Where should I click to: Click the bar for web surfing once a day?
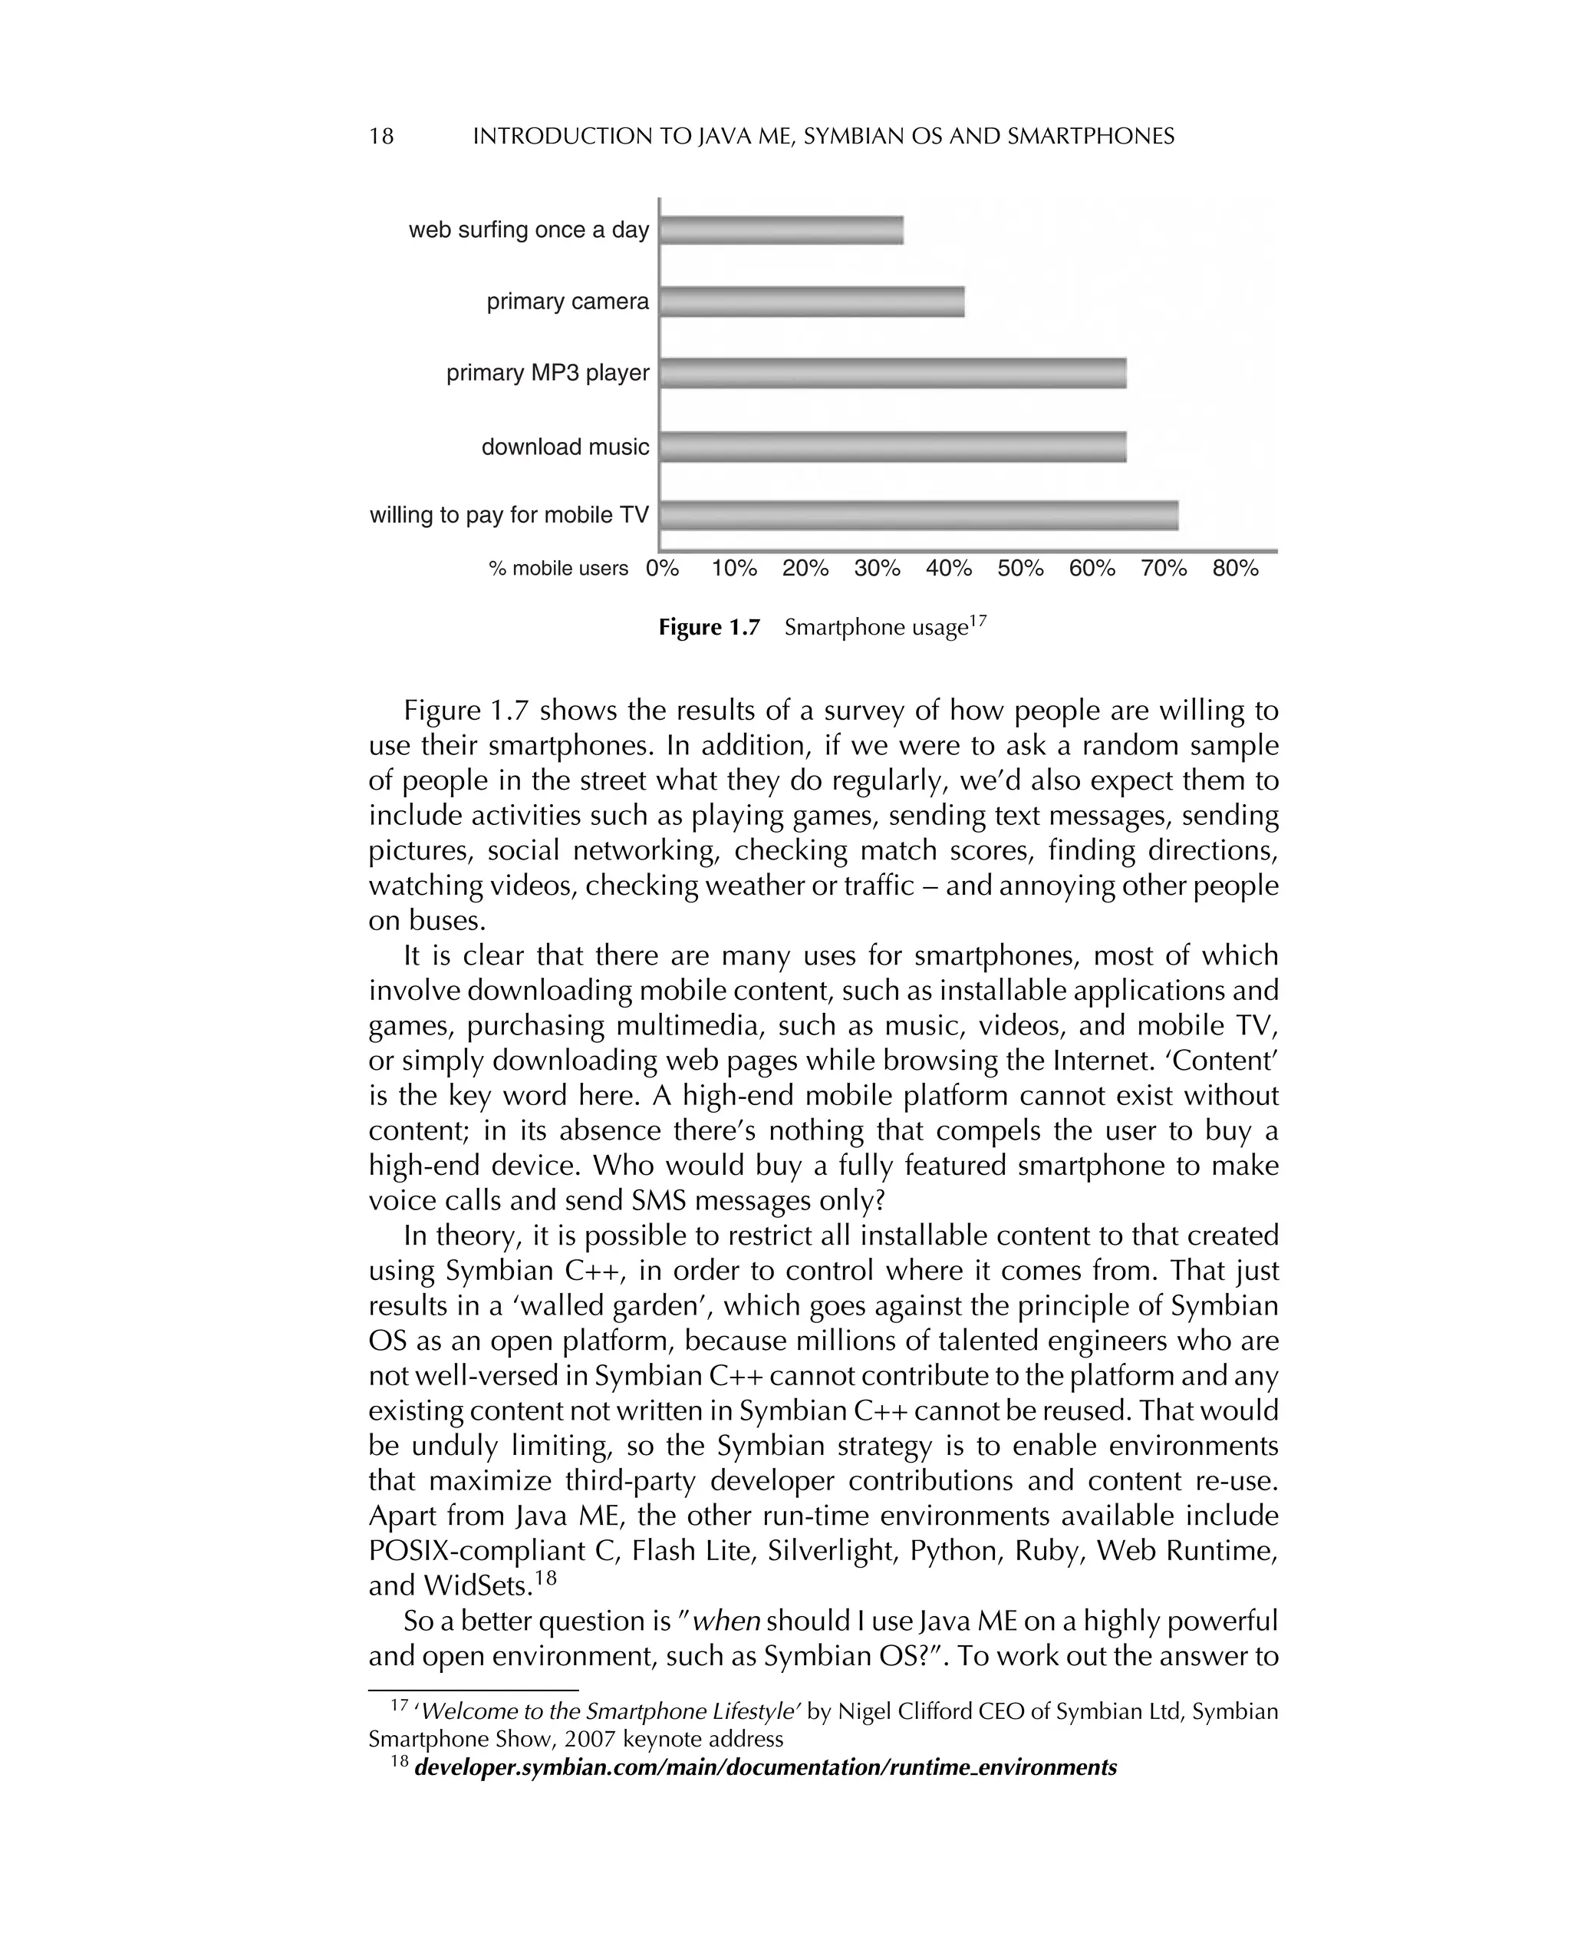tap(782, 230)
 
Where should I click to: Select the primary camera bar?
tap(812, 302)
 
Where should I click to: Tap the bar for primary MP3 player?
tap(893, 373)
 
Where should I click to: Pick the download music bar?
tap(893, 447)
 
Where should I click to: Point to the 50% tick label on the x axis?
tap(1020, 568)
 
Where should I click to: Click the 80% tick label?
tap(1235, 568)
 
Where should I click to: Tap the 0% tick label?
tap(662, 568)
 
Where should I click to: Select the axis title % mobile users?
tap(558, 569)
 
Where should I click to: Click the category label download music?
tap(565, 447)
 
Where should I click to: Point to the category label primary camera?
tap(568, 302)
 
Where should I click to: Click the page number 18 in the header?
tap(381, 137)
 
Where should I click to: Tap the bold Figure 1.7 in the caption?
tap(709, 628)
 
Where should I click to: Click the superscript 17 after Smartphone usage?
tap(977, 621)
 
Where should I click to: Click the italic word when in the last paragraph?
tap(726, 1621)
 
